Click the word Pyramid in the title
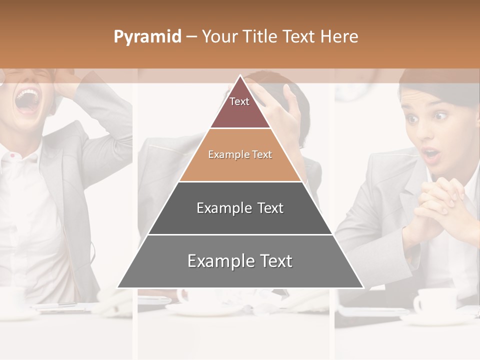[147, 37]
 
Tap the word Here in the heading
[339, 36]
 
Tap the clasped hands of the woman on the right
[440, 200]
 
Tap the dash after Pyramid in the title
[191, 37]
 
